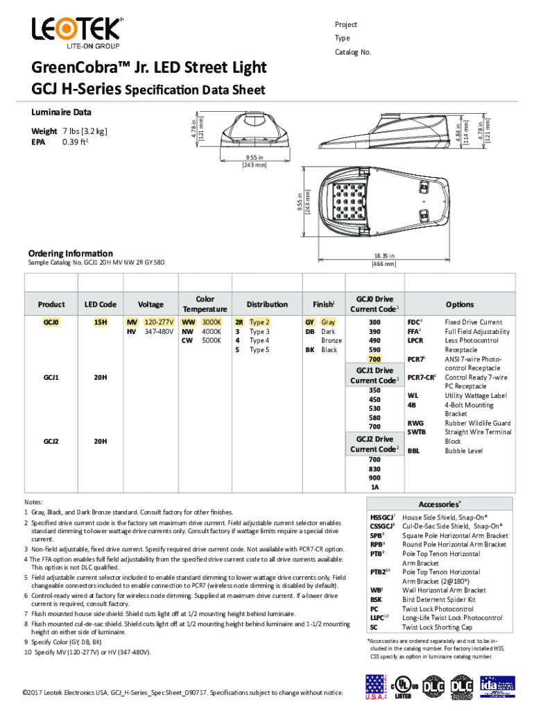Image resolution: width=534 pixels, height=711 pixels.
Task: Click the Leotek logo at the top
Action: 76,31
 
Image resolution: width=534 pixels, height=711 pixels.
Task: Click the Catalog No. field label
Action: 353,52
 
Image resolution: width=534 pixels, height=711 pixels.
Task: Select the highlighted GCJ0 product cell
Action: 51,323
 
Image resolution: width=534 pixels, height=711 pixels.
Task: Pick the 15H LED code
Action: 100,323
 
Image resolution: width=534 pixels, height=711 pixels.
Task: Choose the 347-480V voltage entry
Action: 158,332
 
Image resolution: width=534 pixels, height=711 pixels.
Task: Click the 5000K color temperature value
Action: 211,341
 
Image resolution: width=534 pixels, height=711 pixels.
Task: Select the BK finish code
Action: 310,350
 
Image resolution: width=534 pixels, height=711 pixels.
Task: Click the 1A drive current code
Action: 374,487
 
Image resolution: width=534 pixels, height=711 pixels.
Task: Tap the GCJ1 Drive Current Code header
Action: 374,376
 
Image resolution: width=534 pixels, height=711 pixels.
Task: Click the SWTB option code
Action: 417,432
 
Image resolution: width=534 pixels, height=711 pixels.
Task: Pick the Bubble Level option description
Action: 464,451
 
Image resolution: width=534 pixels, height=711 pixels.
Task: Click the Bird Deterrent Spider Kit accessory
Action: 438,599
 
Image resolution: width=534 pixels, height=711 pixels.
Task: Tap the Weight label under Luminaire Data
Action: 44,131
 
